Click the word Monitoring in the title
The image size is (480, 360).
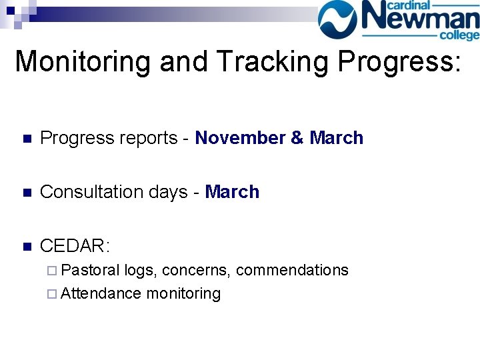click(83, 61)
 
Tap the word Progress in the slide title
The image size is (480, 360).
click(398, 61)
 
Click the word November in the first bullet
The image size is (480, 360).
click(240, 138)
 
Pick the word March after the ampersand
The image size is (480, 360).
click(337, 138)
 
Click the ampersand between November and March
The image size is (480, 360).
click(297, 138)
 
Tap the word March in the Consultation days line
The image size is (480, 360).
click(232, 192)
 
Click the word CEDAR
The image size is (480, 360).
click(74, 246)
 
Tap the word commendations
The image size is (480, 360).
click(292, 270)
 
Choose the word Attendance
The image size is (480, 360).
click(101, 293)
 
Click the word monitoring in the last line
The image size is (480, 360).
click(183, 293)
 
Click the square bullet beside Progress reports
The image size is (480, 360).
click(26, 139)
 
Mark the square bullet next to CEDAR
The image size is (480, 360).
click(26, 247)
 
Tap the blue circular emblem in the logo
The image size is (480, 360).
click(341, 19)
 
